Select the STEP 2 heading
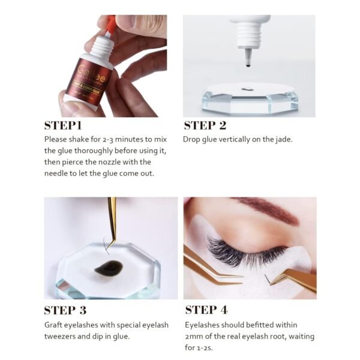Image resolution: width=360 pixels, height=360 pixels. tap(205, 125)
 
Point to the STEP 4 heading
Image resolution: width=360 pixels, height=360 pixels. tap(206, 310)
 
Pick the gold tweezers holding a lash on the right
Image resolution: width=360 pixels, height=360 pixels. tap(294, 277)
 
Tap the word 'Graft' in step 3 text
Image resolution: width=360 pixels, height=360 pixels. tap(55, 325)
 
